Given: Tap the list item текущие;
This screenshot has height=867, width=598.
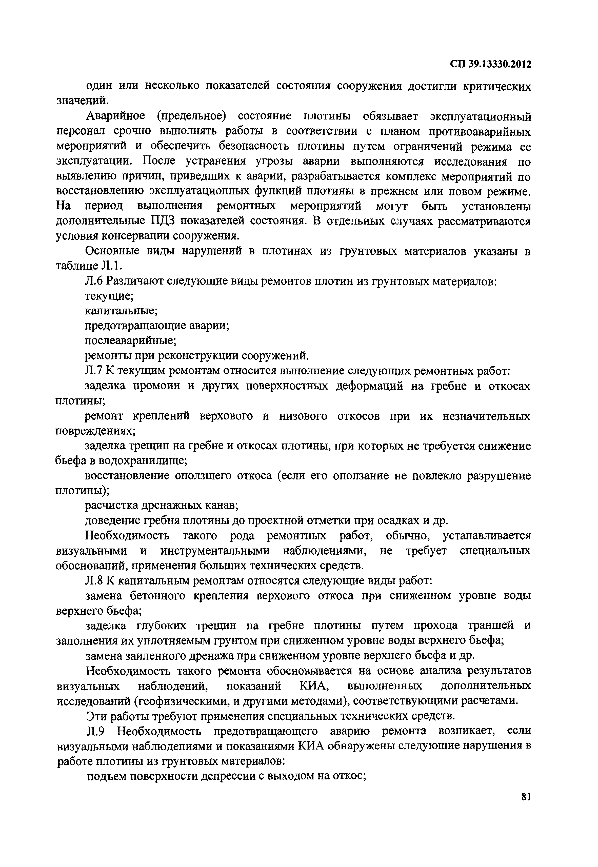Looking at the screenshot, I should pos(109,296).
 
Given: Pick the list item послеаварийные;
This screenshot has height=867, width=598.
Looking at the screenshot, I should pos(130,340).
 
